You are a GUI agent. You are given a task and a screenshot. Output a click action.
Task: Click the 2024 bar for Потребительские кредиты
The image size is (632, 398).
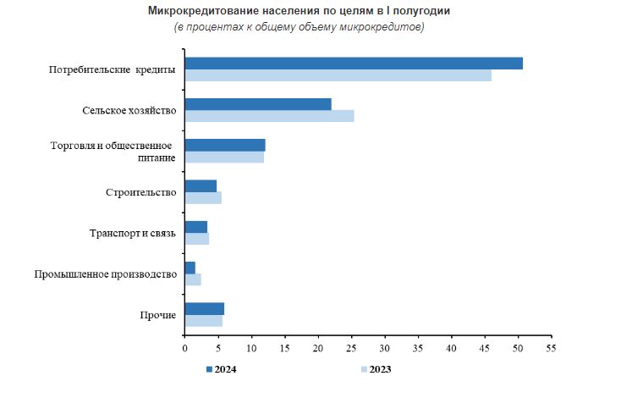[x=354, y=64]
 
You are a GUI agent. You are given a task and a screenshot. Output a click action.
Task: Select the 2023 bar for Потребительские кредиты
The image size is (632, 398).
[x=338, y=75]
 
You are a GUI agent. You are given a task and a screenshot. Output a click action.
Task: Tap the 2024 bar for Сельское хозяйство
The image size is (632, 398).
[x=258, y=104]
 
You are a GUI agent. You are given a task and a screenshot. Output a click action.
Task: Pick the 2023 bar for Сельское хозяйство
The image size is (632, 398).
[x=269, y=116]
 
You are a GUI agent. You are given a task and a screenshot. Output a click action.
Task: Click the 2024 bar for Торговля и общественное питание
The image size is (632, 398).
[x=225, y=145]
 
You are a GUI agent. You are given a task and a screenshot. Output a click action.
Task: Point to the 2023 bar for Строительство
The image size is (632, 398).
[x=203, y=198]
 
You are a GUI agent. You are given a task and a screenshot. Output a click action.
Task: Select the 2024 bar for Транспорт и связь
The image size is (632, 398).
[x=195, y=227]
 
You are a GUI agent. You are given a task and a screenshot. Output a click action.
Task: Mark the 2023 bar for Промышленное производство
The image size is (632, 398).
[x=193, y=279]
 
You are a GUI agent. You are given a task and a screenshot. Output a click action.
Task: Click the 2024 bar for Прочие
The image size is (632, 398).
[x=204, y=308]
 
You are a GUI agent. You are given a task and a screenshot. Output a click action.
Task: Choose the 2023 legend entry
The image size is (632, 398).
[x=376, y=369]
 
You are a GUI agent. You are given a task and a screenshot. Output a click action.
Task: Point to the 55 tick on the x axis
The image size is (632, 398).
[x=551, y=347]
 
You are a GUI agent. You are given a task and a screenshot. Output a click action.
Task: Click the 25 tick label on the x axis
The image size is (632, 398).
[x=351, y=347]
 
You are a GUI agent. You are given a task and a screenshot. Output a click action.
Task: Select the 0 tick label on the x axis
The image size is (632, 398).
[x=184, y=347]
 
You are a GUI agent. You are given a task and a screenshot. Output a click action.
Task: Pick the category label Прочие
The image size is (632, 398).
[x=157, y=315]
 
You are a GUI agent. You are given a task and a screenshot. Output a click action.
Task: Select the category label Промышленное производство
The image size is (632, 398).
[x=105, y=274]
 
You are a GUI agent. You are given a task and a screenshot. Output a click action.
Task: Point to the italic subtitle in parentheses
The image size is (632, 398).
[x=299, y=27]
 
